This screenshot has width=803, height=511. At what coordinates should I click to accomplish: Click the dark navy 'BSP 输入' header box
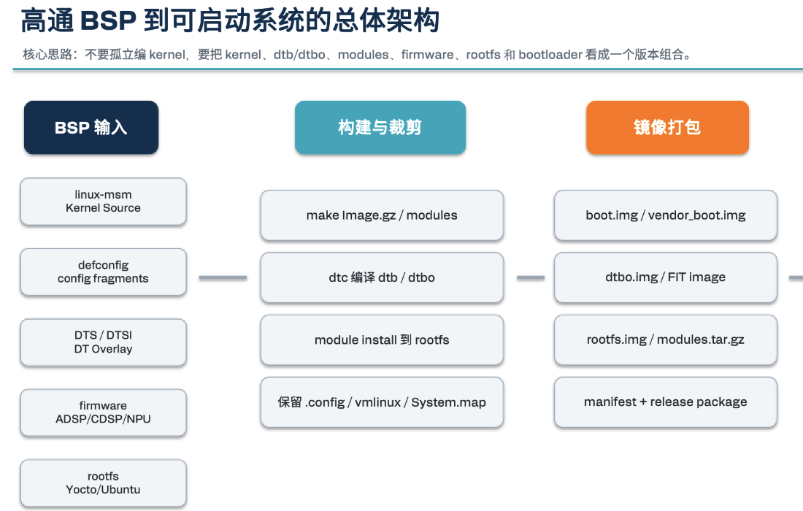pos(91,128)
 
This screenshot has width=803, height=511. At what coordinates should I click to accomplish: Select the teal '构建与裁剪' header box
pos(380,128)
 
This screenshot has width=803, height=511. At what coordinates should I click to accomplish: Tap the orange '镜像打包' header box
pos(667,128)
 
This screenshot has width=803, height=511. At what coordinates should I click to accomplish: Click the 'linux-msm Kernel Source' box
pos(103,201)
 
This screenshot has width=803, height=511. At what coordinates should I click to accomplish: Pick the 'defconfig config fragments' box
pos(103,272)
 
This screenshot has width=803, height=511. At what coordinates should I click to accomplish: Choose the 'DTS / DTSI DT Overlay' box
pos(103,342)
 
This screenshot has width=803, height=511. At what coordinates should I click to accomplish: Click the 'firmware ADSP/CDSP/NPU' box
pos(103,412)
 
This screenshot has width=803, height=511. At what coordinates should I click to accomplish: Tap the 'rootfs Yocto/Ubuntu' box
pos(103,483)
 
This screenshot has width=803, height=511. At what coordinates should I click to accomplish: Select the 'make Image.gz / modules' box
pos(382,215)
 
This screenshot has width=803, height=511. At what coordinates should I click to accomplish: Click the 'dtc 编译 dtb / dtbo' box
pos(382,277)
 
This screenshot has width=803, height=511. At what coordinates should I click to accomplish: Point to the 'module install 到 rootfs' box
pos(382,340)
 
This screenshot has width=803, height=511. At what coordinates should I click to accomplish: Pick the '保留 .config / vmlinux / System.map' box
pos(382,402)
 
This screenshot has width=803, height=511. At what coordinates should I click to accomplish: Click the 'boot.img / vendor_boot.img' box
pos(665,215)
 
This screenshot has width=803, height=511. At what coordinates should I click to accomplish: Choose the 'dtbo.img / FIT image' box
pos(665,277)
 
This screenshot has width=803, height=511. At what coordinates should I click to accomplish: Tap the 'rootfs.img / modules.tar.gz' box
pos(665,340)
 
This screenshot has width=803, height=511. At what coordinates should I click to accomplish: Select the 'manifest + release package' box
pos(665,402)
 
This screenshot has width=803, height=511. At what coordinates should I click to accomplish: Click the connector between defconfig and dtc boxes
pos(223,277)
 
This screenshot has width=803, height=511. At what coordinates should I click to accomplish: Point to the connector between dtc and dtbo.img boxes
pos(531,277)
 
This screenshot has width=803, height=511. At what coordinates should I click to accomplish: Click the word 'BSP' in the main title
pos(108,21)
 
